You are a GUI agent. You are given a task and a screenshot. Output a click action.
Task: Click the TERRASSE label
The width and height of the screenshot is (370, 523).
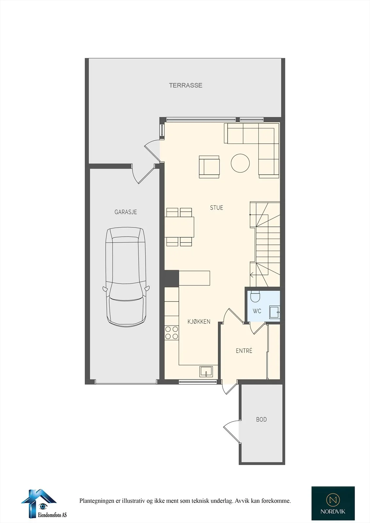pyautogui.click(x=185, y=85)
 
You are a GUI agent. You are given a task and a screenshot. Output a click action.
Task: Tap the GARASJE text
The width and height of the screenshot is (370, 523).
pyautogui.click(x=126, y=212)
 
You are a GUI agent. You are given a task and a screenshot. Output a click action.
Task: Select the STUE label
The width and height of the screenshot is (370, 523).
pyautogui.click(x=217, y=208)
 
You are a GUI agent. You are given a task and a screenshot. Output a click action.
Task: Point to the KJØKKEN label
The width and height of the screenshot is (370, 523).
pyautogui.click(x=199, y=322)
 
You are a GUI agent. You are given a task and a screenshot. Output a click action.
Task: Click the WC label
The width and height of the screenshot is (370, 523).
pyautogui.click(x=257, y=311)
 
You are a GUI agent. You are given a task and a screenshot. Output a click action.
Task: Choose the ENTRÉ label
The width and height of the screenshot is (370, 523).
pyautogui.click(x=244, y=350)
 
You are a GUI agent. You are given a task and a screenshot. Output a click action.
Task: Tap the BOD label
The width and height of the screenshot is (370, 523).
pyautogui.click(x=261, y=420)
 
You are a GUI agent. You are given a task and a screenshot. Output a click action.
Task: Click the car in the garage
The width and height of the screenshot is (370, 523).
pyautogui.click(x=126, y=277)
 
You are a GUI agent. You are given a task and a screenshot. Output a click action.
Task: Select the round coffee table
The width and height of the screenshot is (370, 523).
pyautogui.click(x=240, y=163)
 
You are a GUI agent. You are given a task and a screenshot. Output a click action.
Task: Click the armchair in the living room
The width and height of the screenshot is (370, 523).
pyautogui.click(x=209, y=167)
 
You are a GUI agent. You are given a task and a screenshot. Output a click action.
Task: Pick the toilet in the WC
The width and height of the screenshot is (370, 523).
pyautogui.click(x=255, y=296)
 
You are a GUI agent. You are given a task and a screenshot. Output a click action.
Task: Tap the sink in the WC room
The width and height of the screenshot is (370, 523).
pyautogui.click(x=274, y=312)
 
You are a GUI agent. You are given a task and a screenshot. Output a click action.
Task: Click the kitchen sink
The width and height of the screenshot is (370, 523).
pyautogui.click(x=206, y=371)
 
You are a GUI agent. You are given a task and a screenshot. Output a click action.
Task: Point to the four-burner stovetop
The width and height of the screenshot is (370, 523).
pyautogui.click(x=171, y=332)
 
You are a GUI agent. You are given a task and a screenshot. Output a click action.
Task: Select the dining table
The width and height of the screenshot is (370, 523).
pyautogui.click(x=179, y=227)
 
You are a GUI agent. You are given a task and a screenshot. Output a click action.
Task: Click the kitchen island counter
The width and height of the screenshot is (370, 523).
pyautogui.click(x=194, y=278)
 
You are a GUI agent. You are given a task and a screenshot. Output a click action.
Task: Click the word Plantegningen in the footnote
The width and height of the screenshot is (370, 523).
pyautogui.click(x=96, y=501)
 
